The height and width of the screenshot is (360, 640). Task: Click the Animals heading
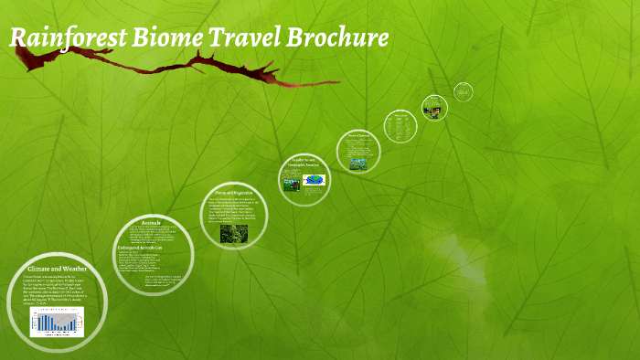(151, 222)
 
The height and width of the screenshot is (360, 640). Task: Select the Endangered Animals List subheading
(140, 248)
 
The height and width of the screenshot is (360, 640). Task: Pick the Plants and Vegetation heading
(233, 193)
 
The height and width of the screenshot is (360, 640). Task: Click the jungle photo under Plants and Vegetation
(233, 233)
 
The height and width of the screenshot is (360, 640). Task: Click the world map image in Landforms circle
(314, 180)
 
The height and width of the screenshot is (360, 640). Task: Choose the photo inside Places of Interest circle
(357, 164)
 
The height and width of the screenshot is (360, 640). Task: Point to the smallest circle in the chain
(464, 90)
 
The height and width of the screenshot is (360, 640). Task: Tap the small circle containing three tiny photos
(434, 108)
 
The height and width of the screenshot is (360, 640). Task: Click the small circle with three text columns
(400, 125)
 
